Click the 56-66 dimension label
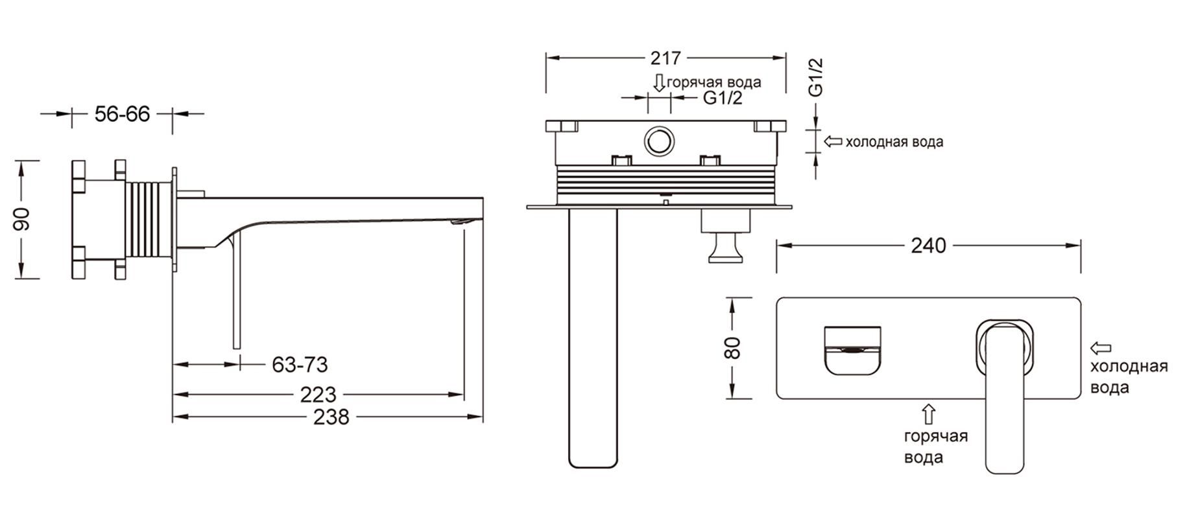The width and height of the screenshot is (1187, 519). (x=122, y=114)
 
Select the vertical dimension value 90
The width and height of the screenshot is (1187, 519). (x=22, y=219)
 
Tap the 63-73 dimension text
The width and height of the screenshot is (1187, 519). (x=300, y=365)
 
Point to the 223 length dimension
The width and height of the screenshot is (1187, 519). (x=318, y=394)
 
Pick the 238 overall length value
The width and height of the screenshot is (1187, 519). (x=331, y=417)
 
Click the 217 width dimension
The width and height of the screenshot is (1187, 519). (x=665, y=58)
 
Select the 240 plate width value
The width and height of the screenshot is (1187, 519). (x=928, y=246)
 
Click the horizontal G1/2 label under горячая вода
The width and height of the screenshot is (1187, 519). (x=723, y=98)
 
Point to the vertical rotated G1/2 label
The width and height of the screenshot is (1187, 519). (x=816, y=77)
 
